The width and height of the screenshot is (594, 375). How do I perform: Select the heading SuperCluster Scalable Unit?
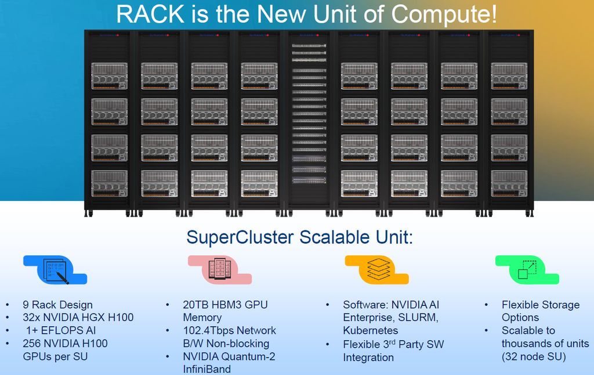click(299, 237)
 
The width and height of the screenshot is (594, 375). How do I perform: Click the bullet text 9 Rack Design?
click(57, 305)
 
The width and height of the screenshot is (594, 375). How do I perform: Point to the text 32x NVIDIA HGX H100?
click(78, 318)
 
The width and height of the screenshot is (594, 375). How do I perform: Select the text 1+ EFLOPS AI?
click(60, 330)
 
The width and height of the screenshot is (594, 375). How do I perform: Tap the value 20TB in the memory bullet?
click(197, 305)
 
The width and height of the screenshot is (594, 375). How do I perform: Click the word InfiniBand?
click(207, 369)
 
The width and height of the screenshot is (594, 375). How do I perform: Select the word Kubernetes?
click(370, 330)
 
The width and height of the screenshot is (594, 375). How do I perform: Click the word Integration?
click(368, 357)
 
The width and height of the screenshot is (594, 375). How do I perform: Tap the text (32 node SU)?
click(534, 356)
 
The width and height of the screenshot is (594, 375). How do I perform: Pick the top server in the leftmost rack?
click(109, 76)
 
